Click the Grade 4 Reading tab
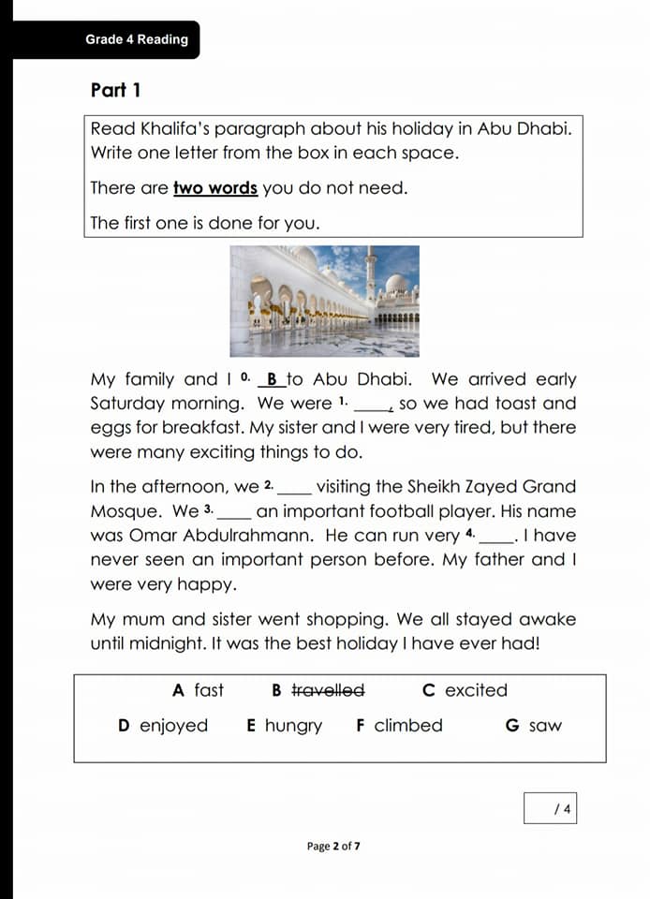(137, 39)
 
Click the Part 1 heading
(116, 91)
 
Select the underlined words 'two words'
(215, 188)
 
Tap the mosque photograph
(325, 301)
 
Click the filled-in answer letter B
(272, 380)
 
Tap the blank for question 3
(234, 512)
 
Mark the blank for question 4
(496, 537)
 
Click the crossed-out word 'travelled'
(328, 691)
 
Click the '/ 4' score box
(550, 808)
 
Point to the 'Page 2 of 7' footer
(333, 847)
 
